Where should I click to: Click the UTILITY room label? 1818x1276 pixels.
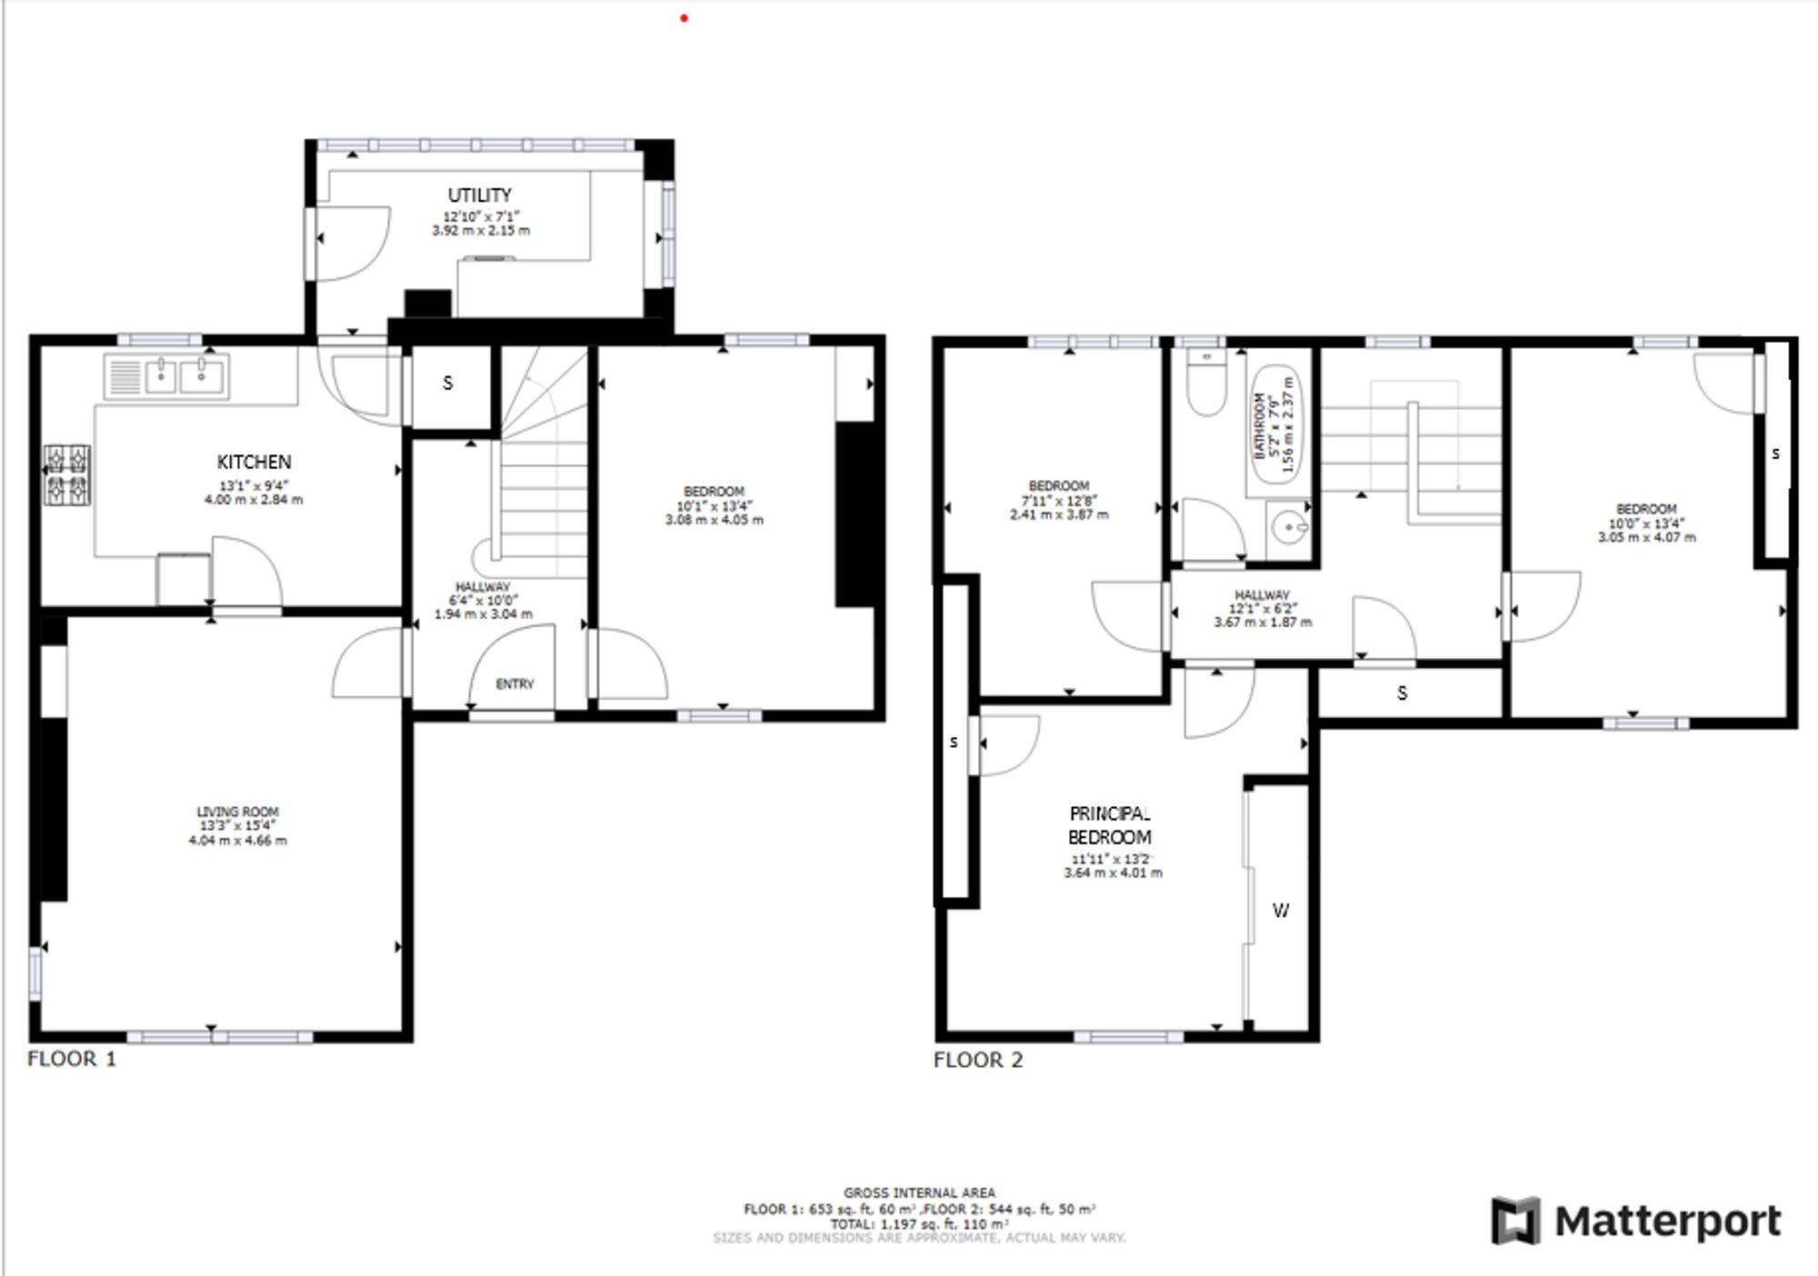tap(479, 194)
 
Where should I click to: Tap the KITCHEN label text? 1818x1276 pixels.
tap(254, 462)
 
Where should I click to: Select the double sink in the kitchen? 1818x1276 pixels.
tap(180, 375)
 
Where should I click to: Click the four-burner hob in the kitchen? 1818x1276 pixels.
tap(68, 474)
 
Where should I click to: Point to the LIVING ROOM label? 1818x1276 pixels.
tap(237, 812)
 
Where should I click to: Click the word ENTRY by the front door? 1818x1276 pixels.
tap(514, 683)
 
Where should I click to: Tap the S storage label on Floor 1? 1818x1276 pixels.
tap(447, 384)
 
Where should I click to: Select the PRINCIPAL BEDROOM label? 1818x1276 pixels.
tap(1109, 825)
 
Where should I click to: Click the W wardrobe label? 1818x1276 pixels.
tap(1280, 910)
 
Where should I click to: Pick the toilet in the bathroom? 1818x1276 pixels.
tap(1206, 384)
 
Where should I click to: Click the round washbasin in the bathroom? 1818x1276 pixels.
tap(1290, 526)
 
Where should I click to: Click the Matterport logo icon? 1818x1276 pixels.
tap(1515, 1221)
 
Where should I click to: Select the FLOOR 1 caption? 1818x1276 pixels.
tap(72, 1059)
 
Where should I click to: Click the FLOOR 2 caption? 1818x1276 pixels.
tap(978, 1060)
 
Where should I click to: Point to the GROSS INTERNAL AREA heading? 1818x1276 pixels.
tap(919, 1192)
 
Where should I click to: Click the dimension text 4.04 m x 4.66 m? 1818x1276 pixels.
tap(237, 841)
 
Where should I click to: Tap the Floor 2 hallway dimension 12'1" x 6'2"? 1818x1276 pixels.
tap(1263, 608)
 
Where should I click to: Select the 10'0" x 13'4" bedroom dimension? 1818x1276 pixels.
tap(1646, 523)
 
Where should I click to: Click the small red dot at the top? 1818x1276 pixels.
tap(684, 18)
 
